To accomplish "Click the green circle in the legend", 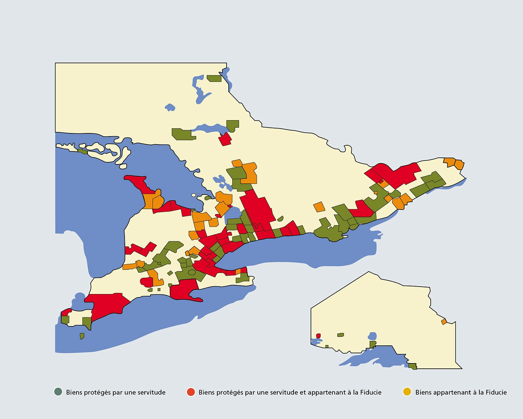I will pyautogui.click(x=58, y=392).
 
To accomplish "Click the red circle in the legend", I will pyautogui.click(x=191, y=392).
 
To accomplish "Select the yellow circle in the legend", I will pyautogui.click(x=407, y=392).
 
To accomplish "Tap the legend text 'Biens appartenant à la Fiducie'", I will pyautogui.click(x=461, y=392).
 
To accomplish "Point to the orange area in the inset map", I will pyautogui.click(x=444, y=322).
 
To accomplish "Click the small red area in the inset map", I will pyautogui.click(x=318, y=336).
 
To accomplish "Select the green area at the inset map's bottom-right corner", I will pyautogui.click(x=413, y=366).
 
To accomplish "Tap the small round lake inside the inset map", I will pyautogui.click(x=372, y=336).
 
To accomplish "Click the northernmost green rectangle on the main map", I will pyautogui.click(x=214, y=79).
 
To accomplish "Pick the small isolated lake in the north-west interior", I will pyautogui.click(x=170, y=107).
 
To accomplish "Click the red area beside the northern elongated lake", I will pyautogui.click(x=225, y=139).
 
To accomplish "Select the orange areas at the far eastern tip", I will pyautogui.click(x=454, y=163).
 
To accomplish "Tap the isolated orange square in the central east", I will pyautogui.click(x=319, y=207).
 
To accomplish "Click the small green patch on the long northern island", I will pyautogui.click(x=83, y=152).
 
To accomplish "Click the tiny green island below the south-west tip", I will pyautogui.click(x=82, y=336).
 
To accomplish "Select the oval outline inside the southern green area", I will pyautogui.click(x=192, y=272).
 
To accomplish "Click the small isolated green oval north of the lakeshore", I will pyautogui.click(x=280, y=219).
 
